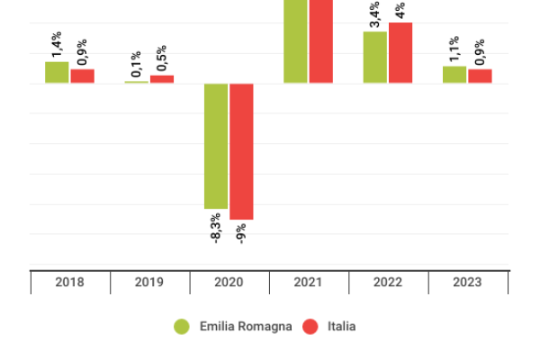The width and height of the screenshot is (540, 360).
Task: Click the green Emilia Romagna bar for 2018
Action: click(57, 73)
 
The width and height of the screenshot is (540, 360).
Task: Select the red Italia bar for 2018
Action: click(82, 76)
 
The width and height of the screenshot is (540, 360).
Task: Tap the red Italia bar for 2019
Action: click(162, 79)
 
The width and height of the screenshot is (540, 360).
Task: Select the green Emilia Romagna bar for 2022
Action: click(375, 58)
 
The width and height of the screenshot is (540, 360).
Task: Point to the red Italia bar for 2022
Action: click(400, 53)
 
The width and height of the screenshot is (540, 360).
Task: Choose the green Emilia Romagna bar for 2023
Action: click(454, 75)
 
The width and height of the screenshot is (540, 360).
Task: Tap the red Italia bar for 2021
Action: click(321, 41)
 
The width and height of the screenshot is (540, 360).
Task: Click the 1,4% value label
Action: click(57, 44)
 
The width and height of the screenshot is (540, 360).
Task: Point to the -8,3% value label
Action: click(216, 228)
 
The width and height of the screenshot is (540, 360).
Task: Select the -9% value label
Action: click(241, 233)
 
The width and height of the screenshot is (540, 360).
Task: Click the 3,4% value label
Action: click(375, 14)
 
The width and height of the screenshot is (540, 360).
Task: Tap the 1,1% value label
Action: click(454, 49)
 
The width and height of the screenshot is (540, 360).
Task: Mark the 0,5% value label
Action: click(162, 58)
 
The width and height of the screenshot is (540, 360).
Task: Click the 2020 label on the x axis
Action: click(229, 283)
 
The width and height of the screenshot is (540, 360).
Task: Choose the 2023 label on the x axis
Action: click(467, 283)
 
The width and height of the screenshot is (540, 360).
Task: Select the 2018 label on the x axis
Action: click(69, 283)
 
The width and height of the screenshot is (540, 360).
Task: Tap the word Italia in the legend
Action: click(341, 327)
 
